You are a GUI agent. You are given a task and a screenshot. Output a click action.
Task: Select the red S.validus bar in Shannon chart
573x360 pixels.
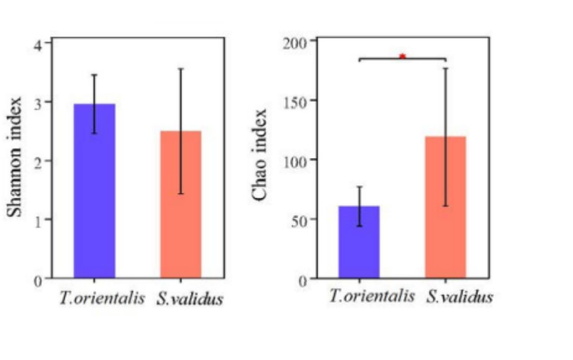pos(181,205)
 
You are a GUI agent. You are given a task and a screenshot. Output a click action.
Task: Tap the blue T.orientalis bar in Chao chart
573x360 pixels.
pos(359,242)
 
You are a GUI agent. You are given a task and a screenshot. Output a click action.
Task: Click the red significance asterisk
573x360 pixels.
pos(402,57)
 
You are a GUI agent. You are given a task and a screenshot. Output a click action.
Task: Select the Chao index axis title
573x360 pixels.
pos(261,155)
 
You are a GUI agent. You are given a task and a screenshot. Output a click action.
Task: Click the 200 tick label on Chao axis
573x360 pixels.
pos(296,42)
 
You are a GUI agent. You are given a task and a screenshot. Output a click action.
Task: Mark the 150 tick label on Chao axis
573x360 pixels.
pos(296,101)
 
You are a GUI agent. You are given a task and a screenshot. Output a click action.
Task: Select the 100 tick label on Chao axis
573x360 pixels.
pos(296,160)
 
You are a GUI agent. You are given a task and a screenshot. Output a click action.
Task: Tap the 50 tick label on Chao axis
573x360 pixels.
pos(299,219)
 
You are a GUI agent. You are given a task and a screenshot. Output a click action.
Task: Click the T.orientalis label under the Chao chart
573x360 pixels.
pos(372,297)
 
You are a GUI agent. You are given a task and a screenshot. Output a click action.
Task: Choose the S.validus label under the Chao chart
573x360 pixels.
pos(460,297)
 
